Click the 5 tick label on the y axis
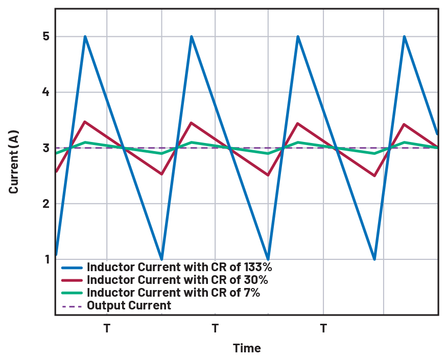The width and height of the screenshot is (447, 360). [x=45, y=37]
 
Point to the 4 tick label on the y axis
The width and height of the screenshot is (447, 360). [x=45, y=92]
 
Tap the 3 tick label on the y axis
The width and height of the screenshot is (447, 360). [x=45, y=148]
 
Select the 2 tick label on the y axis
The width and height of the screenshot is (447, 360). [x=45, y=204]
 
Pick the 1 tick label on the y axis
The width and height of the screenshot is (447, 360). [x=45, y=259]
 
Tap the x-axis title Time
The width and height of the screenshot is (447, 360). [x=247, y=348]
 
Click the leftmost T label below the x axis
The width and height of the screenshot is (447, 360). [x=107, y=328]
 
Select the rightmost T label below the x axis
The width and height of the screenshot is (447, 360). [x=323, y=328]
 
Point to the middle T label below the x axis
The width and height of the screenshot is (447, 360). [x=215, y=328]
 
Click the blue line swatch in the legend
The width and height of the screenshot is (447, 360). [x=72, y=267]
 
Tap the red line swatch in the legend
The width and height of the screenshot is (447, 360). [x=72, y=280]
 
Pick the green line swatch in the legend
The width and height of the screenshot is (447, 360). [x=72, y=293]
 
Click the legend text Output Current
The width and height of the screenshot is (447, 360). [x=129, y=306]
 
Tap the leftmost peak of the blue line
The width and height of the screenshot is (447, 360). [x=85, y=36]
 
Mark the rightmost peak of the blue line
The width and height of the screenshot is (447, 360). [x=404, y=36]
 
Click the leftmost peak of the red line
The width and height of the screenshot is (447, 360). [x=85, y=122]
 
